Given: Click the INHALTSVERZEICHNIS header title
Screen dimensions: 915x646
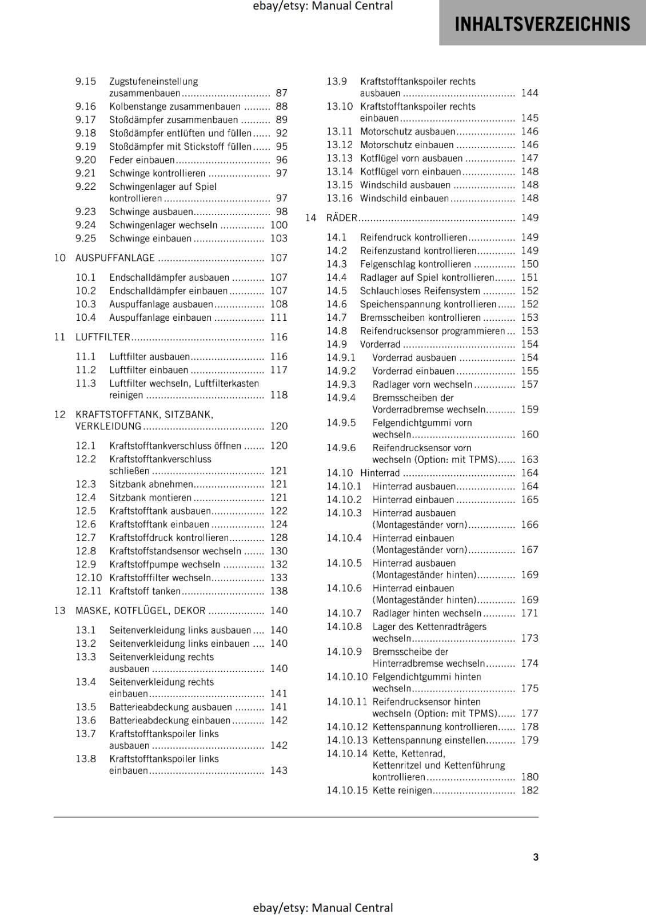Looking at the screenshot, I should click(542, 24).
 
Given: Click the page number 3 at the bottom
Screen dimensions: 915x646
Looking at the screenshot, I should click(536, 857).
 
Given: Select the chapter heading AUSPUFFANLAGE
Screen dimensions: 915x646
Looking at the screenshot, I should click(115, 258).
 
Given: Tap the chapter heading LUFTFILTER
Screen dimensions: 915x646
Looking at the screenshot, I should click(103, 337).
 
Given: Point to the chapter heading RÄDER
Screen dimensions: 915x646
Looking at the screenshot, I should click(341, 218).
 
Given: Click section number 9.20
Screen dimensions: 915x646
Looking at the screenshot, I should click(86, 160).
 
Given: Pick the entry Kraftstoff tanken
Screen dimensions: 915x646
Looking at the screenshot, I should click(145, 591).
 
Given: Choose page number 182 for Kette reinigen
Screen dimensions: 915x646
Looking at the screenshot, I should click(529, 790).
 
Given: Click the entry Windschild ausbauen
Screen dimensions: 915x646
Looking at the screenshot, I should click(405, 185).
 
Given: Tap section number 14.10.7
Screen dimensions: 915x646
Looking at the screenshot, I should click(344, 613).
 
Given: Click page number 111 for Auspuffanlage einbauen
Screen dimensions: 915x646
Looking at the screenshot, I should click(279, 317).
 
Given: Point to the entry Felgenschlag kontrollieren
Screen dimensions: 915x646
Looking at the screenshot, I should click(416, 264).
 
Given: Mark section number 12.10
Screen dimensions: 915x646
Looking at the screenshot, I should click(89, 578).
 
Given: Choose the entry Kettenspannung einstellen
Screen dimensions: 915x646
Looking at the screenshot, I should click(429, 740).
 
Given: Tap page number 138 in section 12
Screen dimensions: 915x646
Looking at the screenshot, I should click(279, 591).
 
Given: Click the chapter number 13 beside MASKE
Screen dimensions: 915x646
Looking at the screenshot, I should click(60, 611).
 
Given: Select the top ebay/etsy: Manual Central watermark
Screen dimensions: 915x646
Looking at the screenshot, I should click(322, 6).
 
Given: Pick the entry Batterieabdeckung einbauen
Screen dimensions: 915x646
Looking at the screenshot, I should click(170, 721).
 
